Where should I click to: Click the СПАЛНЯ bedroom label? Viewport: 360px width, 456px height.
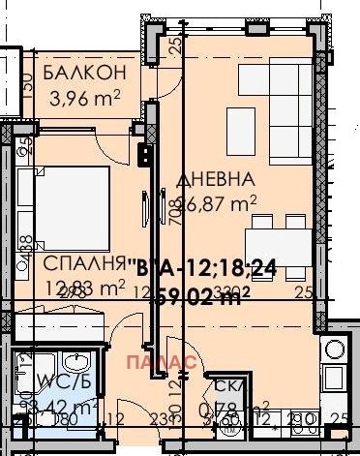coord(85,263)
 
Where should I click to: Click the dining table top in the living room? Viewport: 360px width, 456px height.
coord(273,239)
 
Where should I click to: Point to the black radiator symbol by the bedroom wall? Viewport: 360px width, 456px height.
coord(145,154)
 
